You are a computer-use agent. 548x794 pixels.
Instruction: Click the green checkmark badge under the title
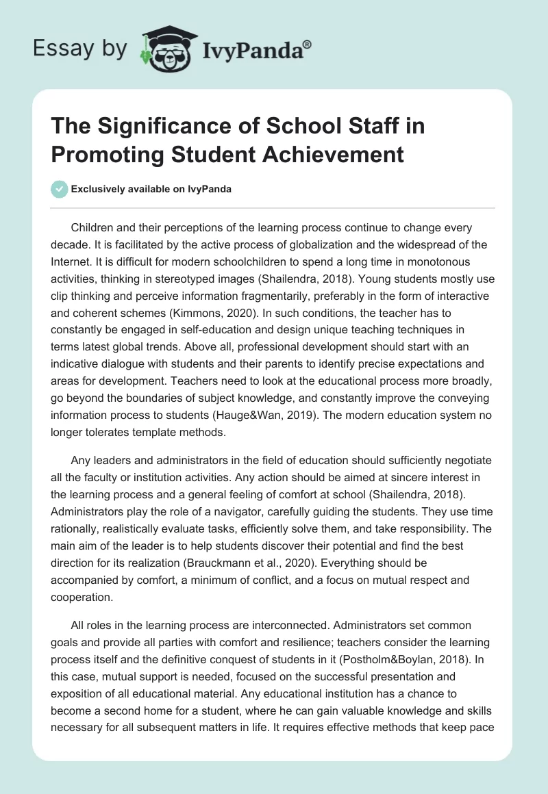click(x=60, y=190)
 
